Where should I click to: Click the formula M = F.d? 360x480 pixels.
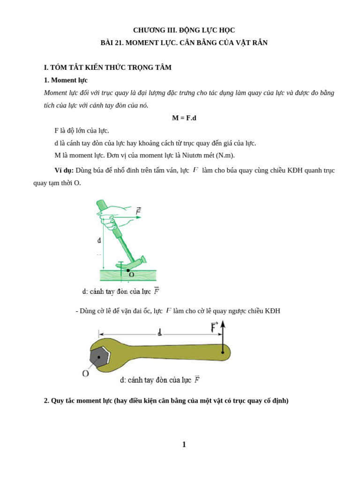[184, 118]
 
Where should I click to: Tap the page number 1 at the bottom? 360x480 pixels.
[184, 444]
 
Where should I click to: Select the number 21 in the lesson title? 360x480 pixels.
[119, 43]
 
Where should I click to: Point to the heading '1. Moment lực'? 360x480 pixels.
[66, 80]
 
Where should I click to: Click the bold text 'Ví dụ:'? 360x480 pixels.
[64, 170]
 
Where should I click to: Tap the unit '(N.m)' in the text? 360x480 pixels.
[225, 155]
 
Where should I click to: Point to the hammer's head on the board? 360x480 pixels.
[134, 262]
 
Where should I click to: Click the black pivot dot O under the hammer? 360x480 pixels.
[128, 270]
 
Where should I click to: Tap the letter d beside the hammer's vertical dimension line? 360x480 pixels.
[99, 240]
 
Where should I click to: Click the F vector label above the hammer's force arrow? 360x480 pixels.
[139, 211]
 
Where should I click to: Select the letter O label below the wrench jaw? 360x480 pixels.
[85, 374]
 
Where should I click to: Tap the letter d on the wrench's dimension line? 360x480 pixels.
[160, 332]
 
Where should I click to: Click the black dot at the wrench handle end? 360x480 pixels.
[223, 352]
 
